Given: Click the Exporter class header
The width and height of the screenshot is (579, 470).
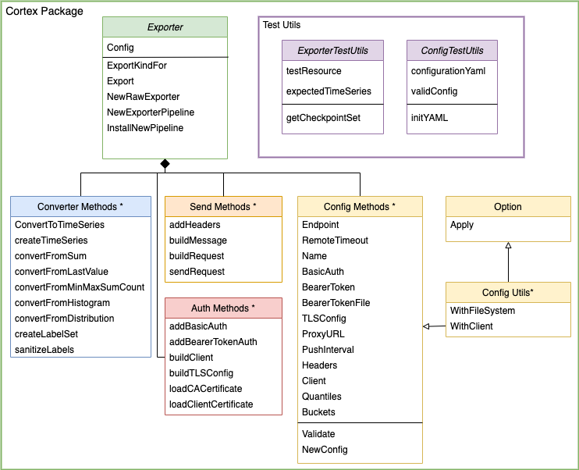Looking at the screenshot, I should (x=165, y=27).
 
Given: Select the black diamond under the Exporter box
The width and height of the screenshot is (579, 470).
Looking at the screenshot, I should (x=165, y=163).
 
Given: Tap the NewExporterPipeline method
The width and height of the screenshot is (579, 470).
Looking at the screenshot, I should (x=151, y=112).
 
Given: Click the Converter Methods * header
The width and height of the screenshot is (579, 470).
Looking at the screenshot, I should (x=80, y=207).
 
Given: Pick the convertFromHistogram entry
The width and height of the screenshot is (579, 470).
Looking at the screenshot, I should (x=62, y=303).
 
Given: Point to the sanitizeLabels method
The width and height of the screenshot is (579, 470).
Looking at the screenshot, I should (x=44, y=350).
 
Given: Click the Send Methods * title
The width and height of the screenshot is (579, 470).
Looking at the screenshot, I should (x=223, y=207).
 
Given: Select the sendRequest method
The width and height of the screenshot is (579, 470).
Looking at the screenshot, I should (x=197, y=272).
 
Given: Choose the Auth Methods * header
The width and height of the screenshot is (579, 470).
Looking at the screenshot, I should (x=223, y=308).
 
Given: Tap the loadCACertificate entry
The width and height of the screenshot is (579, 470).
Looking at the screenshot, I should (x=205, y=389).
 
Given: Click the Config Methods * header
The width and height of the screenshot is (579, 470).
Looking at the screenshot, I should (x=360, y=207).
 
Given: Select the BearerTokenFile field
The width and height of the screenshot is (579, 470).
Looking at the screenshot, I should (x=336, y=303).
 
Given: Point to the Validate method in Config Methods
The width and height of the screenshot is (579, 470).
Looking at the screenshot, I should (x=318, y=434).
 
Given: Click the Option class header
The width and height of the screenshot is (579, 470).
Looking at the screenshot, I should (x=508, y=207).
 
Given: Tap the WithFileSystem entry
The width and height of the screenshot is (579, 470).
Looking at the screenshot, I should (x=482, y=311).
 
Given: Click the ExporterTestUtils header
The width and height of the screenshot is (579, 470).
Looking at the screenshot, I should (x=333, y=51).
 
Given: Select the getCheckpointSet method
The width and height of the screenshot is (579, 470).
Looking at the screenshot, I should (x=324, y=117).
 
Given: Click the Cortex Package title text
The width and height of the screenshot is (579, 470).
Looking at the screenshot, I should (x=44, y=12).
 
